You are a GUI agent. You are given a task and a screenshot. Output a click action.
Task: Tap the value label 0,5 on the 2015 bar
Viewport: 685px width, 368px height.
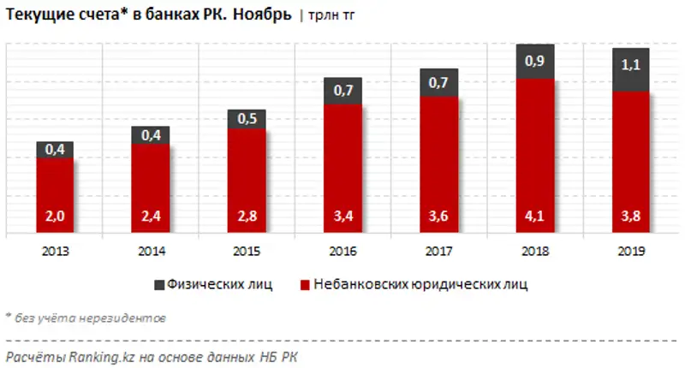[247, 119]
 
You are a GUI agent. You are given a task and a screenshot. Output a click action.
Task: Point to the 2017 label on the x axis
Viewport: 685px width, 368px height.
[438, 252]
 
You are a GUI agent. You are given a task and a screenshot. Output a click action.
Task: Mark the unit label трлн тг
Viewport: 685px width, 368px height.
[329, 16]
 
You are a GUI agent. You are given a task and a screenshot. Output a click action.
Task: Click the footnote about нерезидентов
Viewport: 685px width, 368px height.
[86, 318]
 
